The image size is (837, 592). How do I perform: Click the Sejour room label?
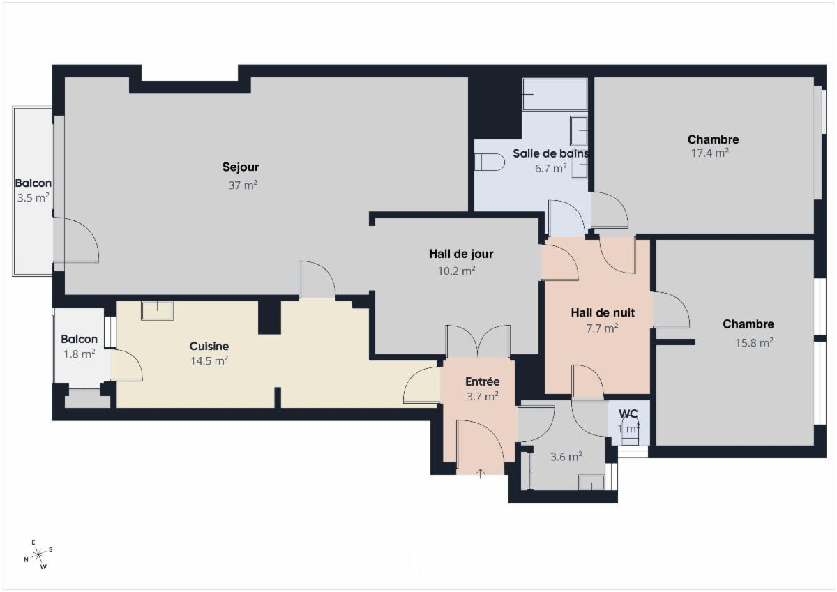(240, 167)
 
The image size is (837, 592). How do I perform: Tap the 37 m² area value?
(243, 185)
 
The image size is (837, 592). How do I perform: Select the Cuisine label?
(209, 347)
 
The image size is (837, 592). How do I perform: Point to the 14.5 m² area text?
(209, 360)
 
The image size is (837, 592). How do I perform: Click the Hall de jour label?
(461, 254)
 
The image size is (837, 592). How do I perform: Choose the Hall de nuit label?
(603, 312)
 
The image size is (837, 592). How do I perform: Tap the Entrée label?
(482, 381)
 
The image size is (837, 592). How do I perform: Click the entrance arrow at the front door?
(480, 473)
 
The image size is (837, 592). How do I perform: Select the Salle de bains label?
(550, 153)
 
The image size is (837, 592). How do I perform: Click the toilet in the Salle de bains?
(490, 162)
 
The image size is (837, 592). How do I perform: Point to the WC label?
(628, 413)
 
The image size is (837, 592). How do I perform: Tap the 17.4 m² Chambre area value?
(710, 153)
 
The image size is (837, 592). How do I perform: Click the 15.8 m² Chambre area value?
(754, 342)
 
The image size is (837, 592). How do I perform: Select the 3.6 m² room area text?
(566, 457)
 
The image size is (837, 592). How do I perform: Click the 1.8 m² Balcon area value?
(79, 354)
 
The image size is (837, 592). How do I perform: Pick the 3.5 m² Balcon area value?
(33, 197)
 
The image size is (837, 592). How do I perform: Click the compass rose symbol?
(38, 554)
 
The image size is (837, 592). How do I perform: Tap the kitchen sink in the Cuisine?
(158, 311)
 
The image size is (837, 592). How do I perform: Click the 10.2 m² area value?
(456, 271)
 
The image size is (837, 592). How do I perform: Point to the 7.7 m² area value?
(601, 328)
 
